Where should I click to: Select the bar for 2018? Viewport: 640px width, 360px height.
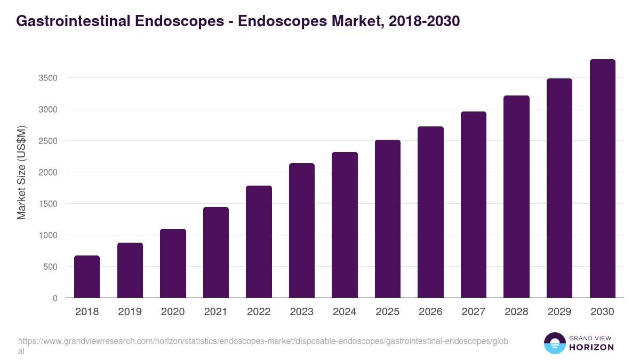click(x=87, y=277)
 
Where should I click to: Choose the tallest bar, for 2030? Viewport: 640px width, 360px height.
click(x=602, y=179)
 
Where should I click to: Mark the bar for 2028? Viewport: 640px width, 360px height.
click(x=516, y=197)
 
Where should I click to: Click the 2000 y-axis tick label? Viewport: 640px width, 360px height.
click(x=48, y=172)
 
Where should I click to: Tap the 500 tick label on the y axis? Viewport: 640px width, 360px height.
click(x=51, y=267)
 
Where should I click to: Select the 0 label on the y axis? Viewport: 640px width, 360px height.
click(x=55, y=298)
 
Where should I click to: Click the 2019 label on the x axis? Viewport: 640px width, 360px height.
click(x=130, y=311)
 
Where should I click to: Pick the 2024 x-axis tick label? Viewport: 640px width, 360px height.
click(x=345, y=311)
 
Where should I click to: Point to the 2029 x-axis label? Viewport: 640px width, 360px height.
click(x=559, y=311)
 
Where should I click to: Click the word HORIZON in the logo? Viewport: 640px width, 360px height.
click(x=591, y=347)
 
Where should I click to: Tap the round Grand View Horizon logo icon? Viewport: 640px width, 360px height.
click(x=555, y=343)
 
